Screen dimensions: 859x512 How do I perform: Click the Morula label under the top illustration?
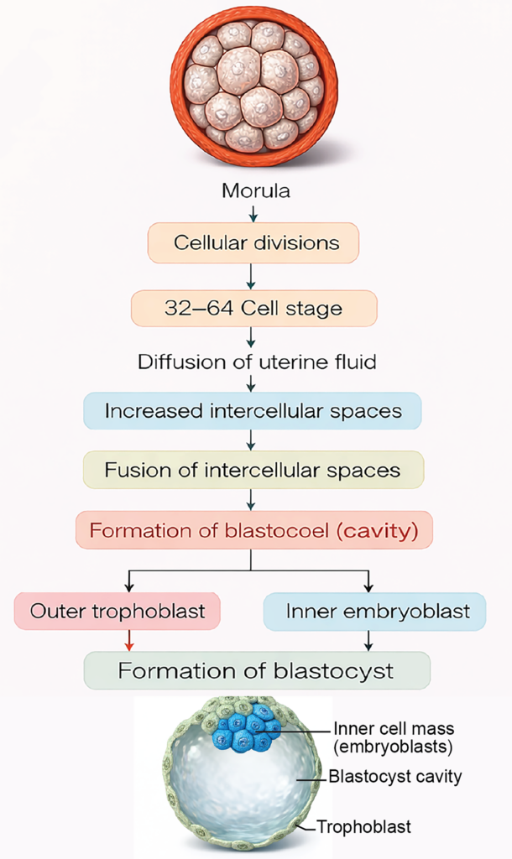tap(255, 191)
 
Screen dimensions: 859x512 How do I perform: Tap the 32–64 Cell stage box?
tap(253, 308)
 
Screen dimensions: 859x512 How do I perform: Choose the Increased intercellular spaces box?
tap(253, 411)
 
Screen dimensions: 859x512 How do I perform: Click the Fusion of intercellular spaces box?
tap(253, 470)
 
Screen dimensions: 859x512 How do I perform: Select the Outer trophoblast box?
tap(118, 611)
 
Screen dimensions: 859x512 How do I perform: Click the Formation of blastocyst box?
tap(257, 671)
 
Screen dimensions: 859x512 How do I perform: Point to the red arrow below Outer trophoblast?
tap(128, 641)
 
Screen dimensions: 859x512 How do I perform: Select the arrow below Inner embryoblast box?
tap(368, 641)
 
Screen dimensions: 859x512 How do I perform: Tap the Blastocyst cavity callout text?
tap(395, 777)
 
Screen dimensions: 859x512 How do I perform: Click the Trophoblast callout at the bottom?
tap(364, 828)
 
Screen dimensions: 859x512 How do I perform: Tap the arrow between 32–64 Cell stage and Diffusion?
tap(251, 337)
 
